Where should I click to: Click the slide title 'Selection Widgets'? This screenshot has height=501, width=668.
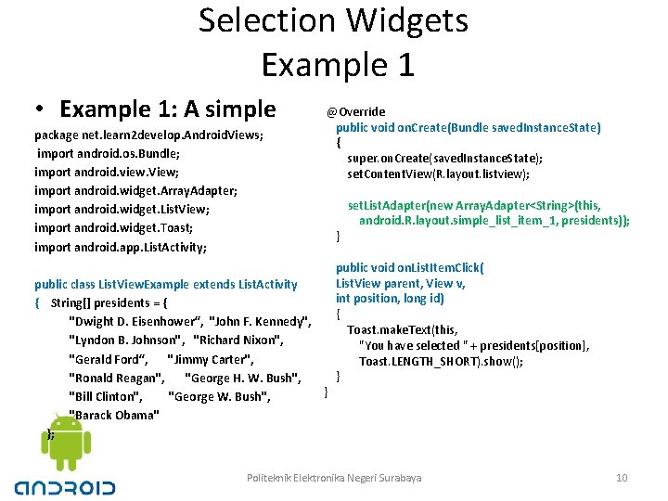pos(333,20)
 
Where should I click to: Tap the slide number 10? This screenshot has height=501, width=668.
pos(622,478)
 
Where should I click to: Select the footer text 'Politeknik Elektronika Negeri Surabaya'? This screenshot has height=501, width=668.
pos(334,478)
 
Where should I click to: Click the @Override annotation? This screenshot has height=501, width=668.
pos(356,111)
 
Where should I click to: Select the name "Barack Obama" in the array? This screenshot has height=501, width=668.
pos(114,415)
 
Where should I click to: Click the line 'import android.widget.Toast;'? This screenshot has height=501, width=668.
pos(114,227)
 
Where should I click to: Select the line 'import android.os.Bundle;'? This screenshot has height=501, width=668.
pos(109,153)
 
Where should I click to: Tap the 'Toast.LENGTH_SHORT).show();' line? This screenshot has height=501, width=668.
pos(441,361)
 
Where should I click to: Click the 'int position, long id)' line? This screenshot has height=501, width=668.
pos(390,299)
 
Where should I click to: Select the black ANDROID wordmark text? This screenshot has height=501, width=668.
pos(65,486)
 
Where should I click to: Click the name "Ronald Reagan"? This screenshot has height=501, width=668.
pos(117,378)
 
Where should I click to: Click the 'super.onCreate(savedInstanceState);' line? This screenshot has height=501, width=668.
pos(445,159)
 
